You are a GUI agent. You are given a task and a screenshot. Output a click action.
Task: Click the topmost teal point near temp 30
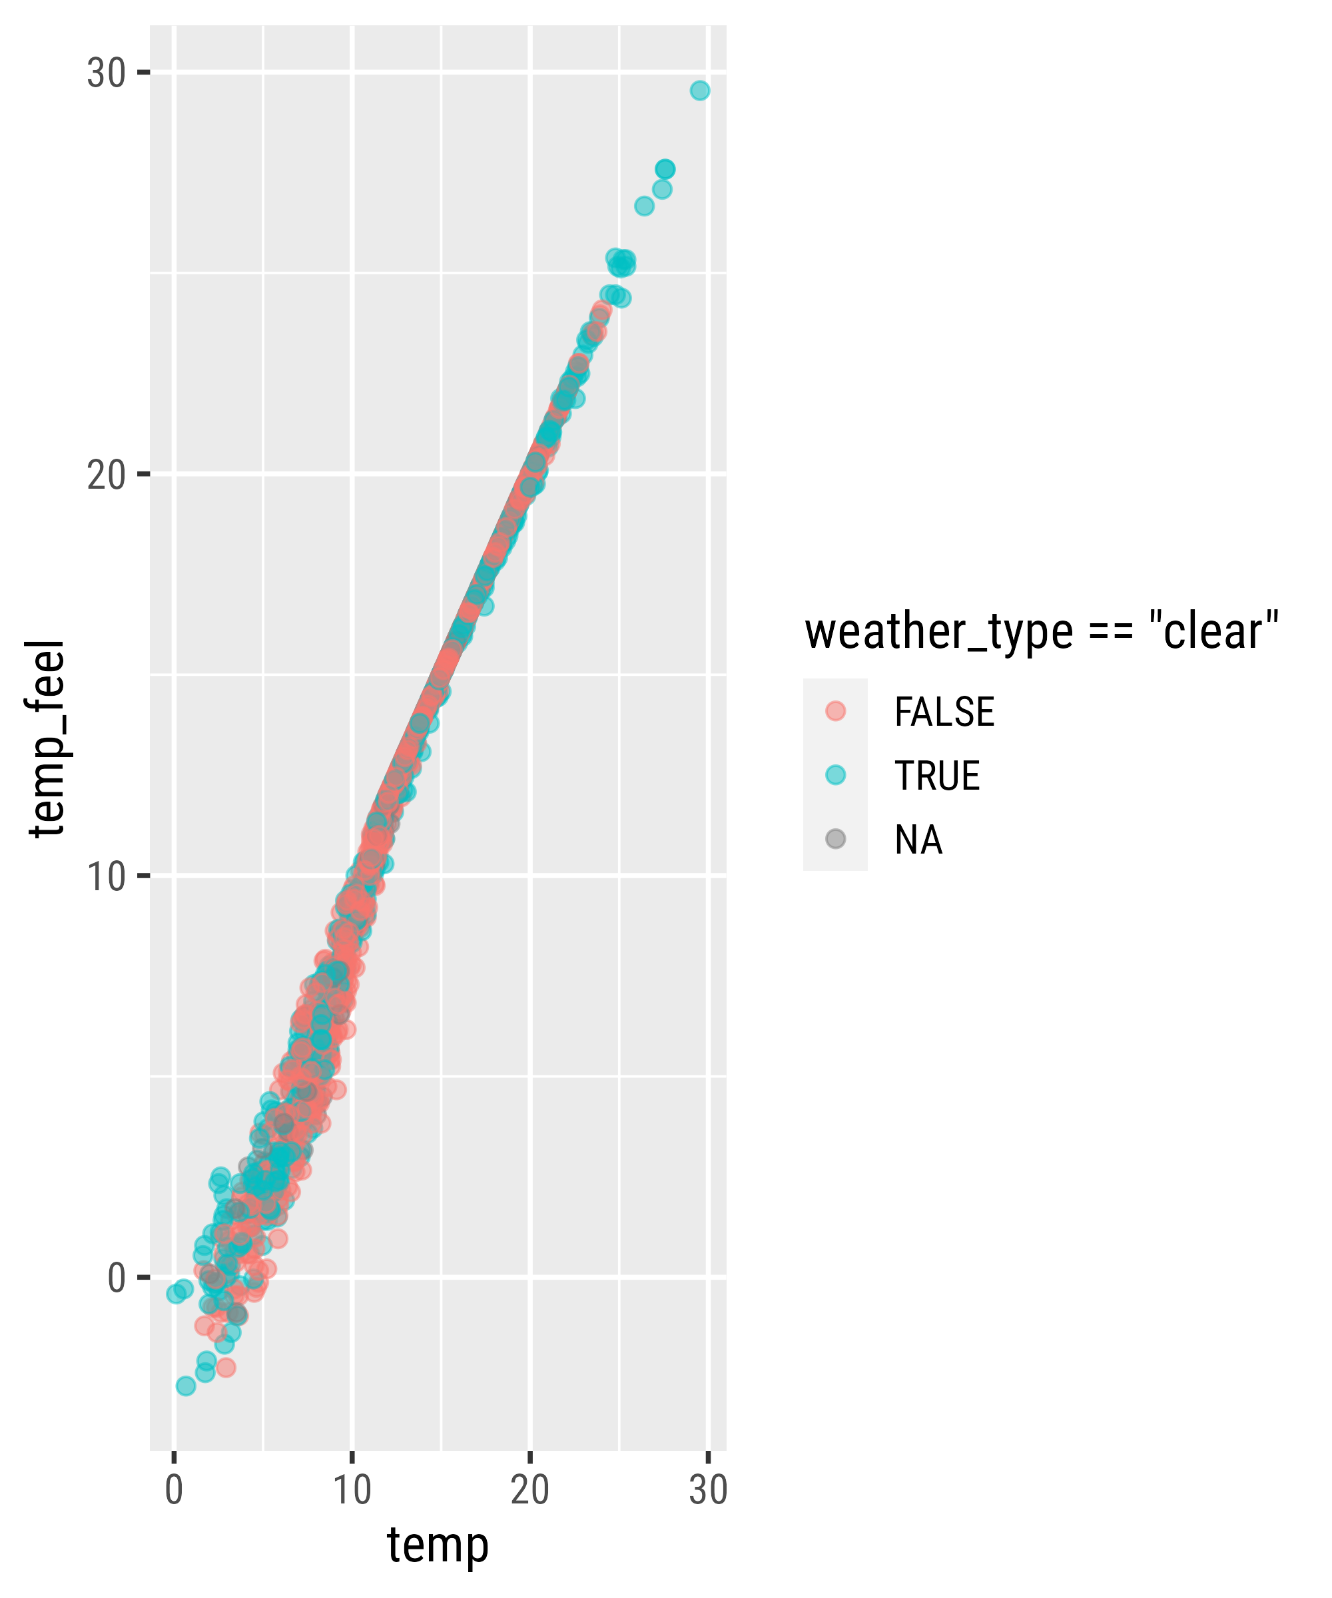pos(699,91)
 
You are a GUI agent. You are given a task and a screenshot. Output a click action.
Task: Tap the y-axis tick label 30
pos(106,73)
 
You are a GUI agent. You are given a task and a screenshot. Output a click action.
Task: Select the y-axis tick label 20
pos(106,475)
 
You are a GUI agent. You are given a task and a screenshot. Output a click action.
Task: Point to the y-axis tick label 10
pos(106,877)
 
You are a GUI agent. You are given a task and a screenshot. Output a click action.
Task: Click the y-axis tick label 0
pos(117,1278)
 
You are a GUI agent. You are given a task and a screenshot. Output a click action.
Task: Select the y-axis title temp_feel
pos(47,738)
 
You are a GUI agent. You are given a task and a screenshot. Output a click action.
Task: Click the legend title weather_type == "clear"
pos(1041,632)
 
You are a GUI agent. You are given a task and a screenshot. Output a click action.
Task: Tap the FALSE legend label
pos(944,712)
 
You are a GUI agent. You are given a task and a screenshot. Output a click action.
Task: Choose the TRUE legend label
pos(937,776)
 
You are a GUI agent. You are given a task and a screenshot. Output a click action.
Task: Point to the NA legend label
pos(918,840)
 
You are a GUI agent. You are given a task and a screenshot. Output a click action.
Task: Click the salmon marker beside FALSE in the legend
pos(835,710)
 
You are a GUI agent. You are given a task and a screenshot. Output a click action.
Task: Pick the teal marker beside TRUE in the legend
pos(835,774)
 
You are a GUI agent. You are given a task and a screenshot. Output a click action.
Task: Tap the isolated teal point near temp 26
pos(644,206)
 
